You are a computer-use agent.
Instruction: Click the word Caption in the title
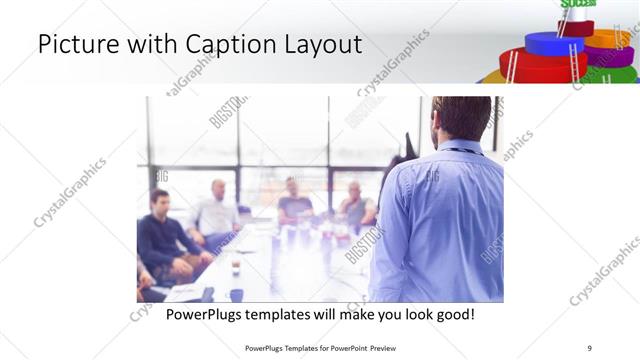[212, 45]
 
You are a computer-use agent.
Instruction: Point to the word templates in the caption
[295, 315]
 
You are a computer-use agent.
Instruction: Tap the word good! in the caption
[453, 315]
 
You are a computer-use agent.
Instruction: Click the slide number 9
[590, 348]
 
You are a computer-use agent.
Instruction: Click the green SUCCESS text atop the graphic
[577, 4]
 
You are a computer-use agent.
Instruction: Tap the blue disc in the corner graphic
[553, 43]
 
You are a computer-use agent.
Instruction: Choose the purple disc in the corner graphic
[609, 56]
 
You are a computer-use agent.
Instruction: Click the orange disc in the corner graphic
[609, 38]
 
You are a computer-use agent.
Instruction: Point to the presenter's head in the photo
[462, 118]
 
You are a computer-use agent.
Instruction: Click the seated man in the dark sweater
[161, 236]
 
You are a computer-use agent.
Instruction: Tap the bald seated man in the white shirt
[216, 211]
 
